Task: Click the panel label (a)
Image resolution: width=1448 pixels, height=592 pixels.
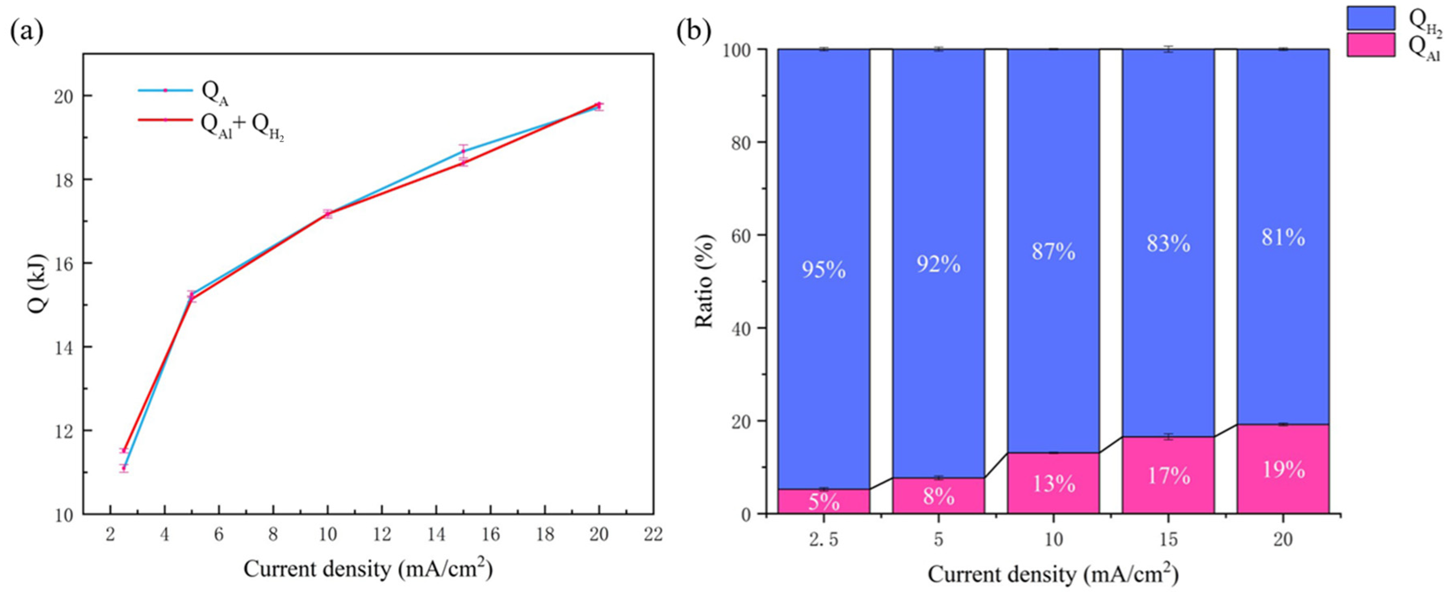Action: click(26, 32)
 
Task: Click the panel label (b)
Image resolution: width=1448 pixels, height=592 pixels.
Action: click(694, 32)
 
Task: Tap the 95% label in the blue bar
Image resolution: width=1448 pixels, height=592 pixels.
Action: click(823, 270)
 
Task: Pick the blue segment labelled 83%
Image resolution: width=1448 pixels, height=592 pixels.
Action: click(1168, 243)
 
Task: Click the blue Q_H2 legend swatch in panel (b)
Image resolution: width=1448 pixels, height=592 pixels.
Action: click(1371, 19)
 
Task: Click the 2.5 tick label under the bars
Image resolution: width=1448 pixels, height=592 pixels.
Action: click(823, 539)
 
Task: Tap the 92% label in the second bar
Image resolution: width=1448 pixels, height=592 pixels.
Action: click(938, 263)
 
